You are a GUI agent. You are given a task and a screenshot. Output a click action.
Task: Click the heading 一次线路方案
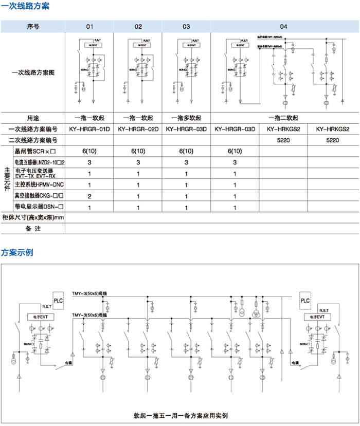click(21, 6)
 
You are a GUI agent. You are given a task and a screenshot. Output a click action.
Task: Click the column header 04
click(283, 26)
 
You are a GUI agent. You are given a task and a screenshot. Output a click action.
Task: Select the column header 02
click(138, 26)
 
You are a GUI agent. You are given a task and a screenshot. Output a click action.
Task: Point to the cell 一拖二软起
click(283, 117)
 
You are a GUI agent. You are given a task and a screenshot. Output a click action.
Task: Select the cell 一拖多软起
click(186, 117)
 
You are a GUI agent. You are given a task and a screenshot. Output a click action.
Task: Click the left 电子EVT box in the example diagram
click(39, 318)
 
